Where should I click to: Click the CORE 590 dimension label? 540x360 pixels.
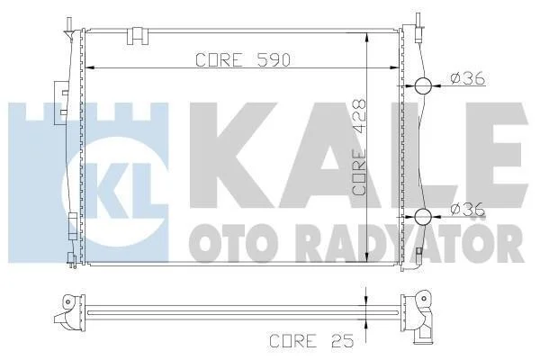[243, 60]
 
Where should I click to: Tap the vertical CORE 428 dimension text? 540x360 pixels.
[359, 148]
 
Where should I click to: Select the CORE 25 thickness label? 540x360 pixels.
[311, 341]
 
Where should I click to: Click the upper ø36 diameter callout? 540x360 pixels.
[468, 78]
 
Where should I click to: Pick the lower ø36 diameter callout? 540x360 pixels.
[468, 209]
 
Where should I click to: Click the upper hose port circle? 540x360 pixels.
[423, 85]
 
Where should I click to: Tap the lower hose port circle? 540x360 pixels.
[423, 217]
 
